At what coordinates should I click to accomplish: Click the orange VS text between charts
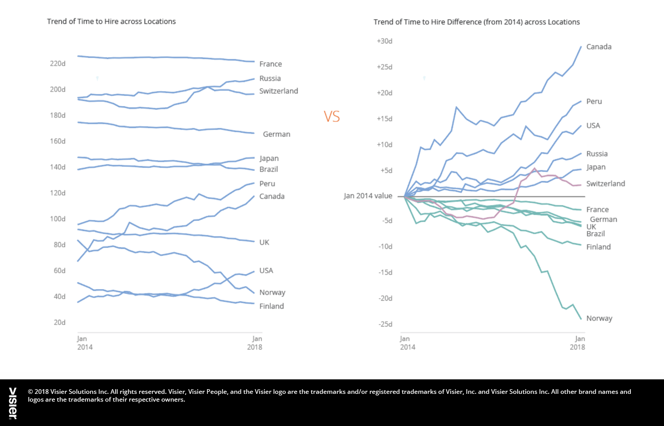[x=332, y=117]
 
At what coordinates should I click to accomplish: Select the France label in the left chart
[x=270, y=64]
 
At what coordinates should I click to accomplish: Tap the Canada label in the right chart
[x=599, y=47]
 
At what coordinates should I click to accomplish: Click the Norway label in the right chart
[x=599, y=318]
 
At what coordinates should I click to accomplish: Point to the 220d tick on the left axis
[x=57, y=63]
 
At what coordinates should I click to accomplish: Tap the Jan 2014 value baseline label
[x=368, y=196]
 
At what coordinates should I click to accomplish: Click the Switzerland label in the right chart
[x=605, y=183]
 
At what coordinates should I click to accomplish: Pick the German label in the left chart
[x=276, y=134]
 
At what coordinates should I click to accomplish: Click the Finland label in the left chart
[x=271, y=306]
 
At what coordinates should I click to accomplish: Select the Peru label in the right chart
[x=594, y=102]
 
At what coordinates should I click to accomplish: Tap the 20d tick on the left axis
[x=59, y=322]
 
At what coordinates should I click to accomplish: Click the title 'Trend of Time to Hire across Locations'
[x=111, y=21]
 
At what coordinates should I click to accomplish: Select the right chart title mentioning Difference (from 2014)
[x=476, y=22]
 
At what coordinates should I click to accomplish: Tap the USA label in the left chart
[x=266, y=271]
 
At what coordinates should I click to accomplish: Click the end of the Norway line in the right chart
[x=581, y=319]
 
